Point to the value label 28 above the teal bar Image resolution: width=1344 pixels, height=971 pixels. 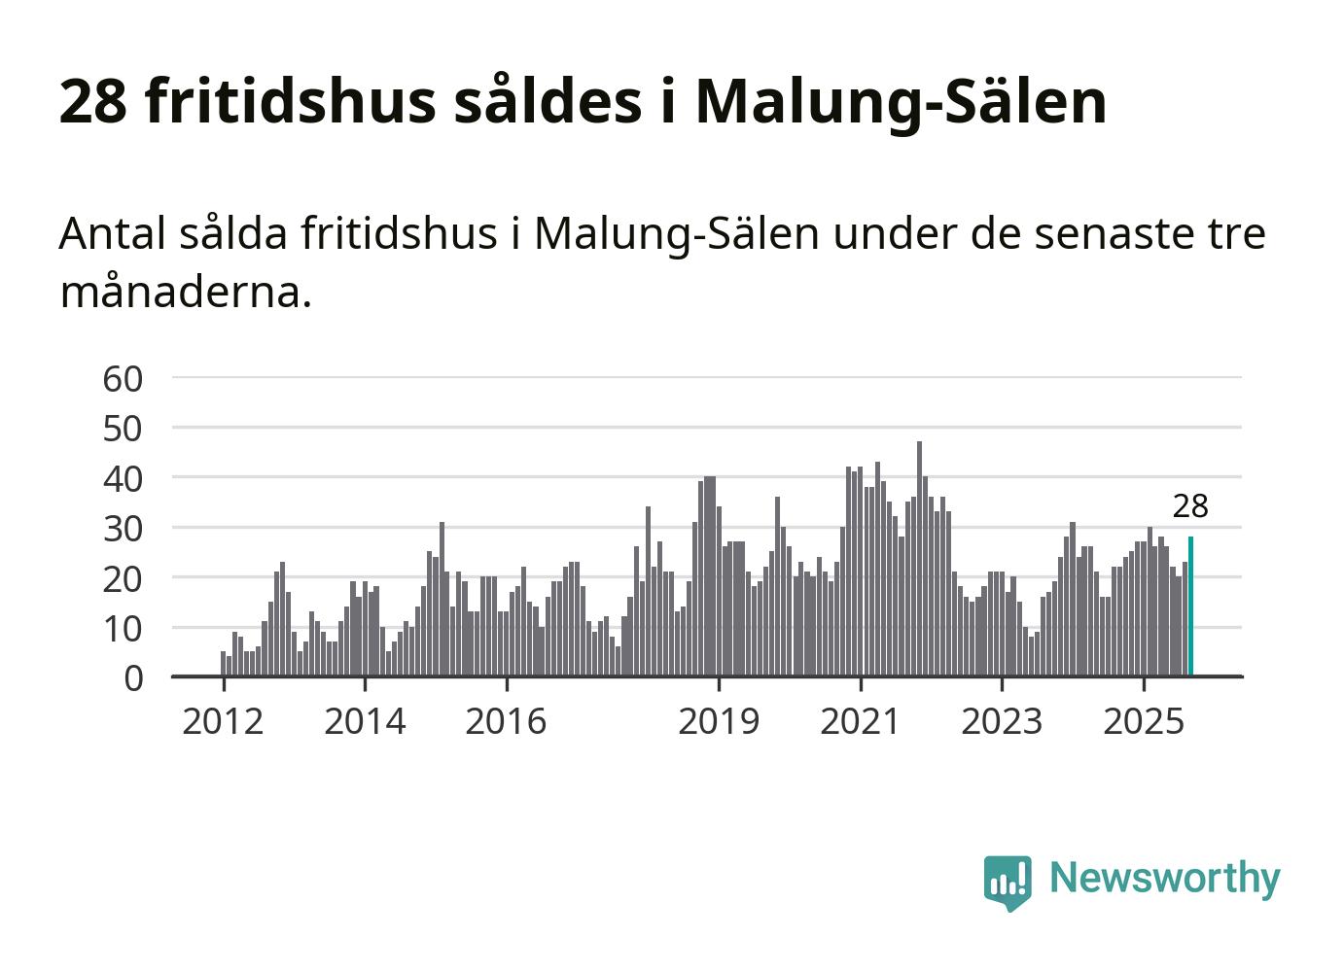pos(1190,506)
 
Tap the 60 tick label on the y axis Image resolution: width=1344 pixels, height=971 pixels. pos(123,378)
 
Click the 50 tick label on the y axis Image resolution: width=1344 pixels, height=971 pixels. pos(123,428)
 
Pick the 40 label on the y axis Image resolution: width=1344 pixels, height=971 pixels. pos(123,478)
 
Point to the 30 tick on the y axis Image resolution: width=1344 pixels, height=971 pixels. pos(123,529)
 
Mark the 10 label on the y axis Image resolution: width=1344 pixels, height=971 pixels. pos(123,629)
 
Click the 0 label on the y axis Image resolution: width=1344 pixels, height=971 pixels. pos(133,678)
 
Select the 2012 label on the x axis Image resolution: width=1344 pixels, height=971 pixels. pos(223,721)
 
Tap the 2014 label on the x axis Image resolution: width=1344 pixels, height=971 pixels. pos(365,721)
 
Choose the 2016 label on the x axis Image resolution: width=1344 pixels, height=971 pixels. pos(506,721)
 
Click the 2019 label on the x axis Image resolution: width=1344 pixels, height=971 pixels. pos(719,721)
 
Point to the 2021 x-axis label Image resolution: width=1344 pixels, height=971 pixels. pos(861,721)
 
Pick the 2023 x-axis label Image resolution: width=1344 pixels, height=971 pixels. pos(1002,721)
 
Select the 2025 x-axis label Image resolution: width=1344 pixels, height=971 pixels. pos(1144,721)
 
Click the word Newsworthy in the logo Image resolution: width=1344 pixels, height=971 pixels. pos(1164,878)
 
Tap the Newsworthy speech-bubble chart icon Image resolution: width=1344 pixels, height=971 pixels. pos(1007,882)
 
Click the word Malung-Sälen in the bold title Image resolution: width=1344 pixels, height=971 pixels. pos(901,100)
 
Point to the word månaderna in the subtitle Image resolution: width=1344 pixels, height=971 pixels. pos(185,291)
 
